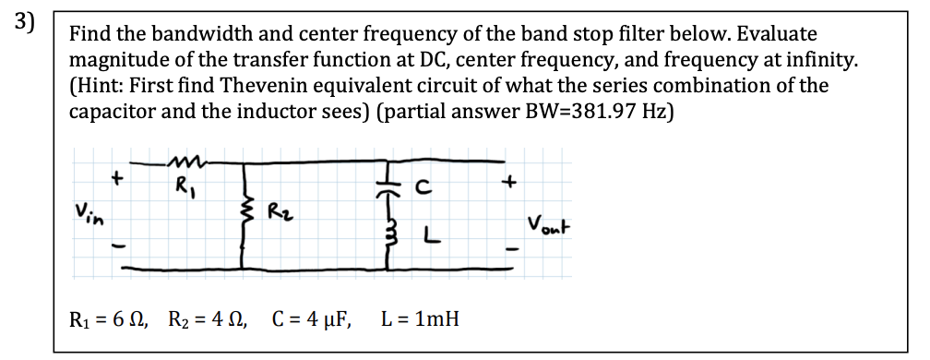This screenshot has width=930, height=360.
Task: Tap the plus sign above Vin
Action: click(x=117, y=175)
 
